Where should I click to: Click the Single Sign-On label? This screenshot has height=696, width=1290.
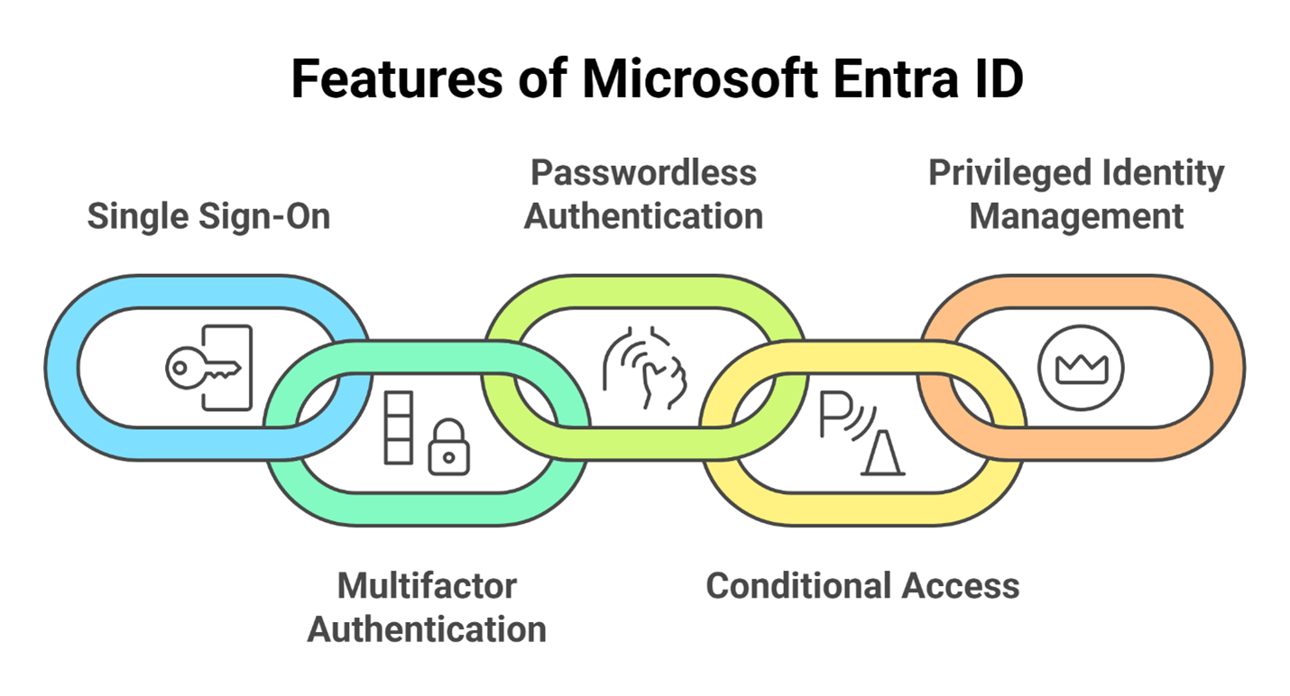[x=208, y=216]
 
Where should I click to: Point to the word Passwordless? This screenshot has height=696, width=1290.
[x=642, y=171]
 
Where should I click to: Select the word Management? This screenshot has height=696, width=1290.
[x=1076, y=216]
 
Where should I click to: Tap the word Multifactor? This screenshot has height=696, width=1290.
[x=427, y=586]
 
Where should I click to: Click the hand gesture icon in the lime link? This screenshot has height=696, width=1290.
[x=646, y=369]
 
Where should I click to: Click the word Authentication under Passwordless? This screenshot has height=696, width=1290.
[x=644, y=216]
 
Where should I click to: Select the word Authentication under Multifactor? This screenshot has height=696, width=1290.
[x=427, y=629]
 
